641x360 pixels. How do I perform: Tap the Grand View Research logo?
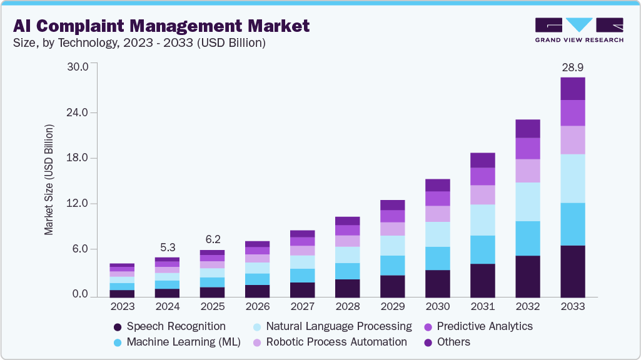(x=579, y=30)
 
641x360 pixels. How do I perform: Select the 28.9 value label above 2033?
(x=573, y=67)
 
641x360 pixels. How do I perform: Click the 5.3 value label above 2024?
(x=167, y=247)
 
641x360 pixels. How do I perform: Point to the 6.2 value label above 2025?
(x=212, y=239)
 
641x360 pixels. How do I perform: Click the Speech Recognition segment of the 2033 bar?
(x=573, y=271)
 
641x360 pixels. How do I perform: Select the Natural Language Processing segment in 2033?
(x=573, y=178)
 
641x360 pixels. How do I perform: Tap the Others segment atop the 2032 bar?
(x=527, y=128)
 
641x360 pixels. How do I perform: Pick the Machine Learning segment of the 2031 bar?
(x=482, y=249)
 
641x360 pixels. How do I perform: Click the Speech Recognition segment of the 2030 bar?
(x=437, y=283)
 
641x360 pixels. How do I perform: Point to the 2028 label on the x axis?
(x=347, y=307)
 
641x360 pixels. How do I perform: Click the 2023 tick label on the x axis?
(x=122, y=307)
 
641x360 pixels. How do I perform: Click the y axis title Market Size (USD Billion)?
(x=49, y=180)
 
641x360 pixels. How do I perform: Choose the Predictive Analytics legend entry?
(x=485, y=326)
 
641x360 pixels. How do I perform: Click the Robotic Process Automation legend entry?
(x=336, y=342)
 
